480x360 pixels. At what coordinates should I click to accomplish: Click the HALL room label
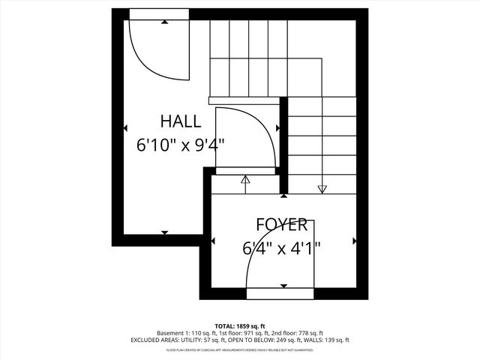tap(180, 121)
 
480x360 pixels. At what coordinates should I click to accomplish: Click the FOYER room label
tap(281, 225)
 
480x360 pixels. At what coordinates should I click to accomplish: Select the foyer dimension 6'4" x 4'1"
tap(281, 247)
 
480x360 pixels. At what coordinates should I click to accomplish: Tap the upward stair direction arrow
tap(244, 181)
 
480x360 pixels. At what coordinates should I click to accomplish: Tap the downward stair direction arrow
tap(322, 188)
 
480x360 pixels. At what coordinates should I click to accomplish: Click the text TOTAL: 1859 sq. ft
tap(240, 325)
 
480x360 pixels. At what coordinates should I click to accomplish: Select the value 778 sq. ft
tap(308, 333)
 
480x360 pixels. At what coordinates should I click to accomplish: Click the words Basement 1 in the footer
tap(171, 333)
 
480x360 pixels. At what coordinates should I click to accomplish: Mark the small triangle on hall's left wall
tap(125, 128)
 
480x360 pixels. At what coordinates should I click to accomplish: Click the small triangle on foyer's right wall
tap(355, 241)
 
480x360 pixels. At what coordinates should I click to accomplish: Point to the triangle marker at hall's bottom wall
tap(165, 232)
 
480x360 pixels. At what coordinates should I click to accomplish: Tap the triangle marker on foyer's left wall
tap(214, 241)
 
